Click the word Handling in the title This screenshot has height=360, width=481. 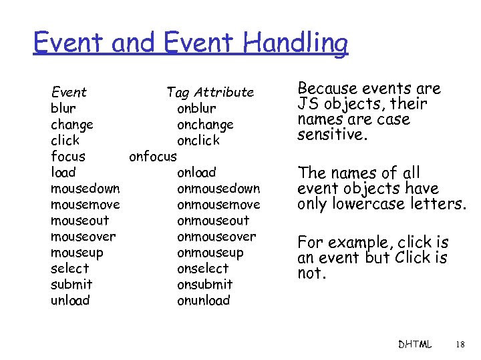[296, 44]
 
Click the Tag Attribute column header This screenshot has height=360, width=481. [210, 92]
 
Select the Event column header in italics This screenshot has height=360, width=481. [69, 92]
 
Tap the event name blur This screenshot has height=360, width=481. [63, 108]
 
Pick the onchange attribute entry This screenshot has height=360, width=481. [205, 125]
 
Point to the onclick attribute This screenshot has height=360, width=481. [198, 141]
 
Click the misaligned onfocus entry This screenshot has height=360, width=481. [152, 157]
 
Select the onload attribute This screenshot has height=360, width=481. [196, 173]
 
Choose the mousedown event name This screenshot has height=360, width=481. [85, 189]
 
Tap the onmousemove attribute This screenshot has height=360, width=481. [218, 205]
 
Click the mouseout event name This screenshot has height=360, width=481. [79, 221]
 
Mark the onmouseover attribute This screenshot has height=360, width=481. [216, 237]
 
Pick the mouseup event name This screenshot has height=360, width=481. [76, 253]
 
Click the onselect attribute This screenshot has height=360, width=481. [202, 269]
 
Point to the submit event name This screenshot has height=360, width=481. [71, 285]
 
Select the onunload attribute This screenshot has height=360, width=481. [203, 301]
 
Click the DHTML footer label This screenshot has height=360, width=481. [415, 345]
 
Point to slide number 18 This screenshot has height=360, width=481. [459, 345]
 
